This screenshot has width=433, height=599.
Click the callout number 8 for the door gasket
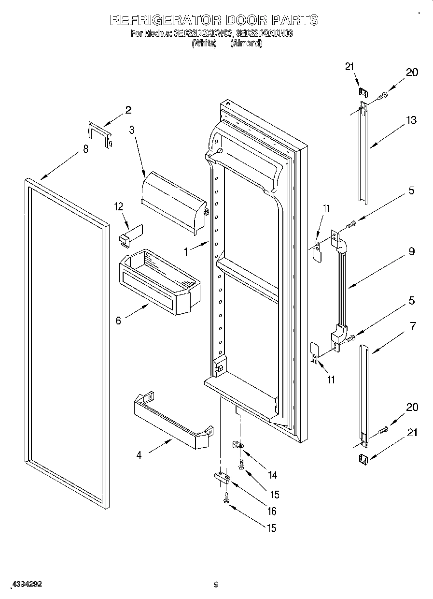click(85, 149)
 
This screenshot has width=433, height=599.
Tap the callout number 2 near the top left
click(128, 110)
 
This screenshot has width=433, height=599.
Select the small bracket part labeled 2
click(99, 134)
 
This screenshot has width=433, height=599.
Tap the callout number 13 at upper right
click(411, 120)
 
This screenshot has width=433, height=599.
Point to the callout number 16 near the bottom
click(272, 511)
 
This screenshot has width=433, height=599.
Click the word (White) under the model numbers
click(203, 44)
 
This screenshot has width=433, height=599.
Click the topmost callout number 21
click(350, 67)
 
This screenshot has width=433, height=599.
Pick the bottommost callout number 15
click(272, 528)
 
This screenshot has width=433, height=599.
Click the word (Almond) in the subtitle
click(246, 44)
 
